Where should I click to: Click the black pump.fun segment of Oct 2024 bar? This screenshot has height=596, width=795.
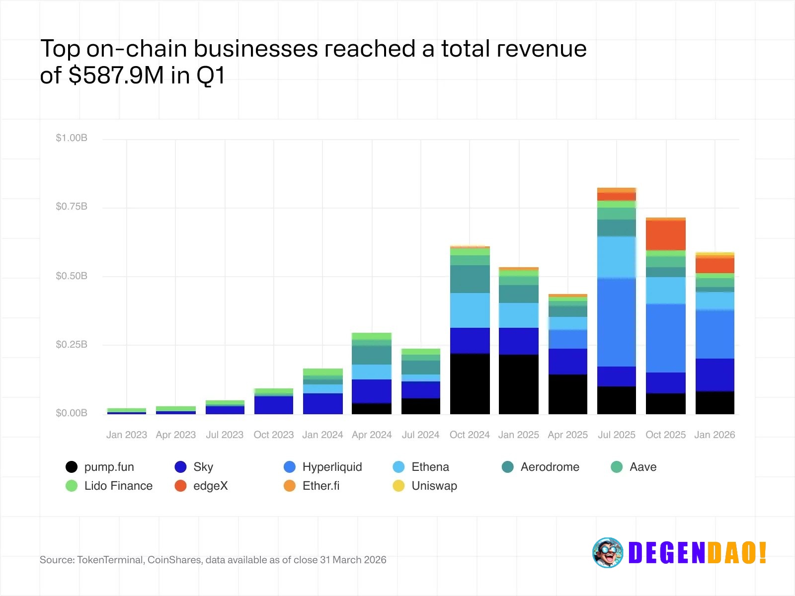pyautogui.click(x=470, y=383)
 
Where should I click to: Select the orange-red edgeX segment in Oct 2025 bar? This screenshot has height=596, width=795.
pyautogui.click(x=666, y=235)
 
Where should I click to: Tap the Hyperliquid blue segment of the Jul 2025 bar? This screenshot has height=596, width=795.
pyautogui.click(x=617, y=322)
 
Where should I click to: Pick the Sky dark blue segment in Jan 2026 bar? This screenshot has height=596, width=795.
pyautogui.click(x=715, y=375)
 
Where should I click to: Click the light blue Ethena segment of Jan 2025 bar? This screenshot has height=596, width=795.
pyautogui.click(x=519, y=315)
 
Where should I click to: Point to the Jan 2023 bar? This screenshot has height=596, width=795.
pyautogui.click(x=127, y=411)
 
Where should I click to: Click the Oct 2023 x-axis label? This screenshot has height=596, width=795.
pyautogui.click(x=274, y=435)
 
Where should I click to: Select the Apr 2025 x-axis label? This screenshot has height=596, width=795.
pyautogui.click(x=567, y=435)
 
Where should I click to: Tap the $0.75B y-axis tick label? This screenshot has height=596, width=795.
pyautogui.click(x=72, y=206)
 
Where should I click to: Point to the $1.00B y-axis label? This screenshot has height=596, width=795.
pyautogui.click(x=72, y=138)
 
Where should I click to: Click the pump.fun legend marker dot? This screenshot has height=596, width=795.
pyautogui.click(x=72, y=467)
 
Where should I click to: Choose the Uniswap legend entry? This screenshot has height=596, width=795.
pyautogui.click(x=434, y=486)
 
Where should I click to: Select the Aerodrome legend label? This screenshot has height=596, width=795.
pyautogui.click(x=550, y=467)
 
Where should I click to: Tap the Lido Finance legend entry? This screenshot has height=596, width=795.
pyautogui.click(x=118, y=486)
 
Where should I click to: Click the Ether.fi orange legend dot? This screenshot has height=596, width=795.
pyautogui.click(x=290, y=486)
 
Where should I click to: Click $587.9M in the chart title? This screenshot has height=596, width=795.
pyautogui.click(x=116, y=75)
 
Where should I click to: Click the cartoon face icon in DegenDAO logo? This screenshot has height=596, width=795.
pyautogui.click(x=607, y=552)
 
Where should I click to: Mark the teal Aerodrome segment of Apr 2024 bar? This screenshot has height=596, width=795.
pyautogui.click(x=372, y=355)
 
